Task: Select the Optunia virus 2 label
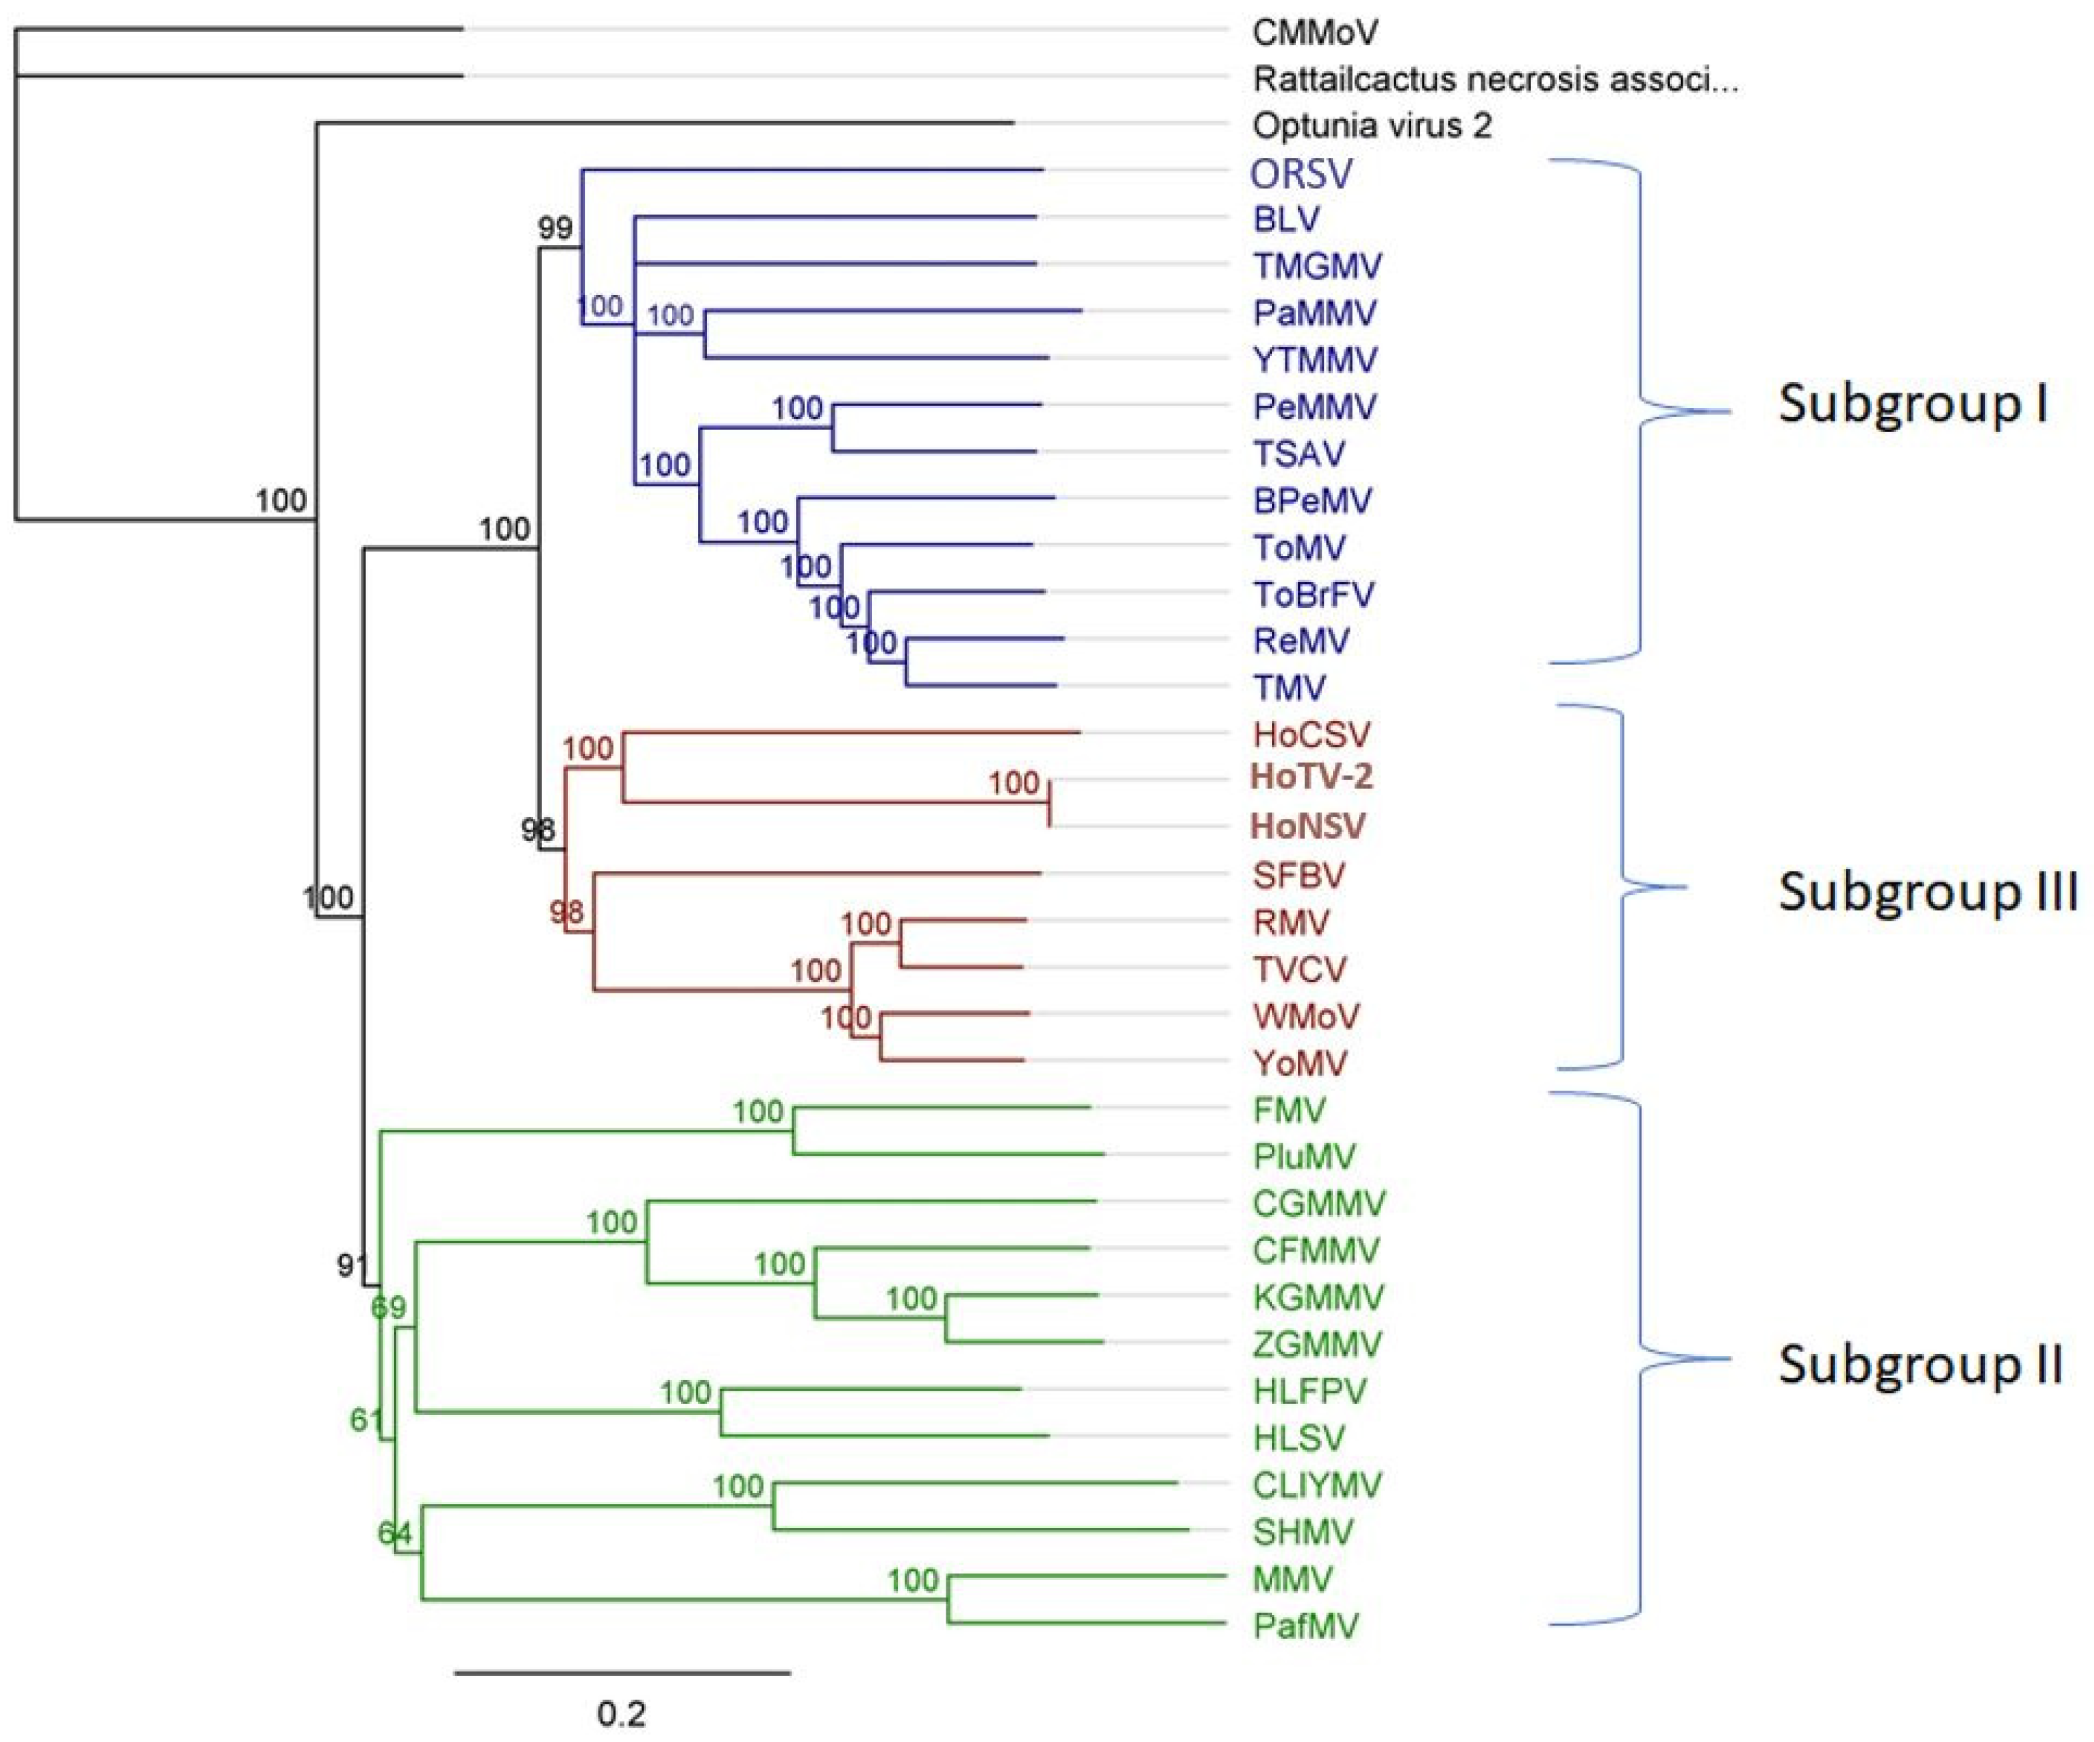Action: (x=1372, y=126)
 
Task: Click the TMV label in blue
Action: (x=1289, y=687)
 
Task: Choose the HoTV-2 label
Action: (x=1312, y=776)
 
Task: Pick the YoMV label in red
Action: (x=1299, y=1063)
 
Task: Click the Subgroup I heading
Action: (x=1913, y=405)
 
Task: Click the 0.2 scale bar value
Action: (x=621, y=1714)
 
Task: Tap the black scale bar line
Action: (x=622, y=1672)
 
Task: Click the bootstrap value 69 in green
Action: (x=389, y=1307)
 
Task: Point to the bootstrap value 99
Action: (x=555, y=228)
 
